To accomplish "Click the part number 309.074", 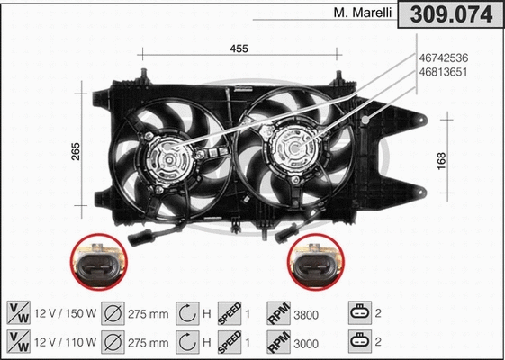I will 451,14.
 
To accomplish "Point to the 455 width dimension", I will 239,48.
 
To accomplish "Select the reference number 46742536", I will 445,58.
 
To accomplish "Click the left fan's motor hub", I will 169,158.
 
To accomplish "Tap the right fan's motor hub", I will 294,148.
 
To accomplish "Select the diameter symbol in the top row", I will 114,314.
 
